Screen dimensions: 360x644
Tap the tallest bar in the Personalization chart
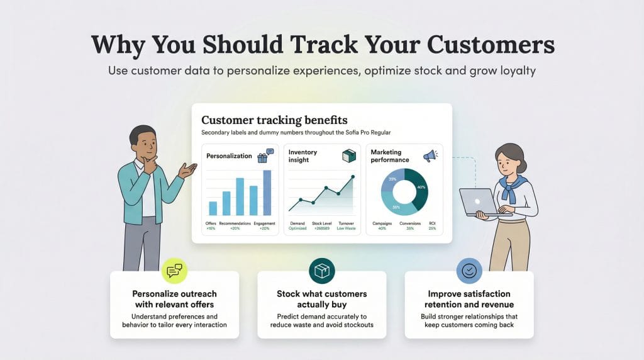[267, 193]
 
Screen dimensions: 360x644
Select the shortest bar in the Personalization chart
[213, 208]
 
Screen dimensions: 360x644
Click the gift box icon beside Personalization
[262, 157]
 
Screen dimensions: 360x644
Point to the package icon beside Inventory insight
[348, 156]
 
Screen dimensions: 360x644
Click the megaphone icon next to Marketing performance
[430, 155]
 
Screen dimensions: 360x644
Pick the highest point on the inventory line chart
[351, 177]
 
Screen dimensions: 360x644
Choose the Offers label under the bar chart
[211, 223]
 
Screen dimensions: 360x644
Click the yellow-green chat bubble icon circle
[174, 271]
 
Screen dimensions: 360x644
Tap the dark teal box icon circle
[321, 271]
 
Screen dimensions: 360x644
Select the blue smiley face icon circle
[469, 271]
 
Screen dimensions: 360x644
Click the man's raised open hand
[188, 169]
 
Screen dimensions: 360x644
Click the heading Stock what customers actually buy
[321, 299]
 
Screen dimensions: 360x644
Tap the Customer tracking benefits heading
[274, 120]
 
